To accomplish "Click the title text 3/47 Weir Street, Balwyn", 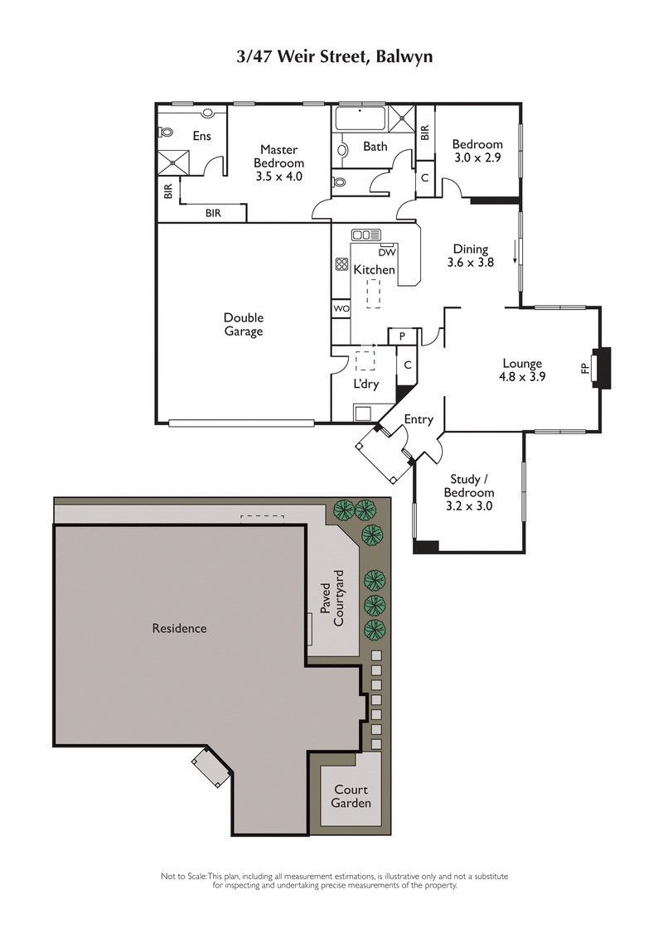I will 331,56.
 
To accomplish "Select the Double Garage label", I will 243,324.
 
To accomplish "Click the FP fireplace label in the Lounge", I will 585,367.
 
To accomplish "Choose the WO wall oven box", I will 341,308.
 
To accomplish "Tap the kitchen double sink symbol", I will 365,234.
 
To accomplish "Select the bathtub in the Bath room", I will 361,118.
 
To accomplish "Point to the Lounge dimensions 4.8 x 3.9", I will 522,375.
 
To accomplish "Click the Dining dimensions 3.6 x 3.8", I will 471,262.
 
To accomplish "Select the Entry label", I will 419,419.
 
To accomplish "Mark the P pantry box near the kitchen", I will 402,336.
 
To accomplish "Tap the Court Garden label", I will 351,796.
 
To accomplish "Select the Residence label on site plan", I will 179,628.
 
